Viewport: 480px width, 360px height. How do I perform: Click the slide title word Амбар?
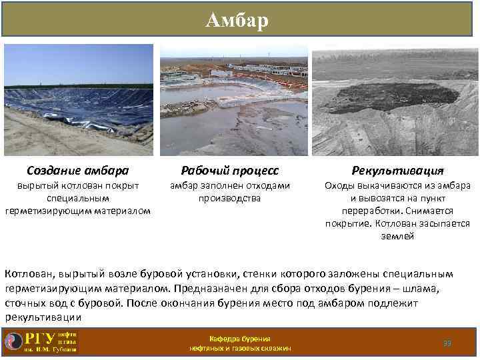point(237,21)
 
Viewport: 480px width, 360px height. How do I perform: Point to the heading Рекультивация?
point(397,171)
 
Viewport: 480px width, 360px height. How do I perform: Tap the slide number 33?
point(447,343)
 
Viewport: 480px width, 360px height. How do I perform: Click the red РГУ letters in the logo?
point(40,338)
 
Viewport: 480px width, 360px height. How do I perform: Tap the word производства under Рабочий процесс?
point(229,198)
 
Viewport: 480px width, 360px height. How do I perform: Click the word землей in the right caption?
point(397,236)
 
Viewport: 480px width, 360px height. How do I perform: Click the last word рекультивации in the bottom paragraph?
point(37,317)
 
